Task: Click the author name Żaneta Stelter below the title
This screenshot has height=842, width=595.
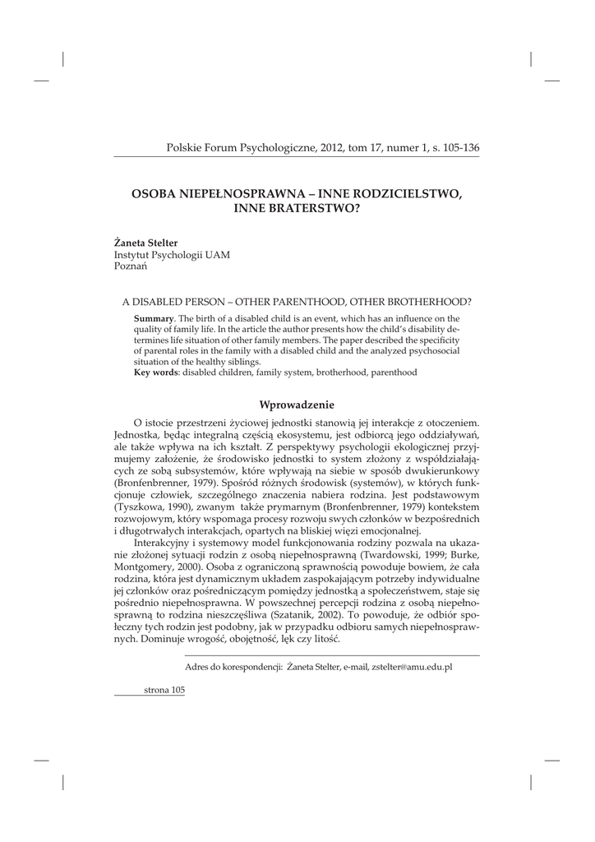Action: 145,243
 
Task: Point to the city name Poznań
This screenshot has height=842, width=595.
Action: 130,267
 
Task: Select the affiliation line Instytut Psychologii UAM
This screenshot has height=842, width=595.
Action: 172,255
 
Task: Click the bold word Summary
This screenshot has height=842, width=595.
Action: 154,318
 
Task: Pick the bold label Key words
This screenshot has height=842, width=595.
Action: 155,372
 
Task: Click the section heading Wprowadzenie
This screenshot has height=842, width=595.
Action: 297,404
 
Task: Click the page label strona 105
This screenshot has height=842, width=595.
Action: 164,691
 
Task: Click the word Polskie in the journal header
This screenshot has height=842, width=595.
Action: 183,148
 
